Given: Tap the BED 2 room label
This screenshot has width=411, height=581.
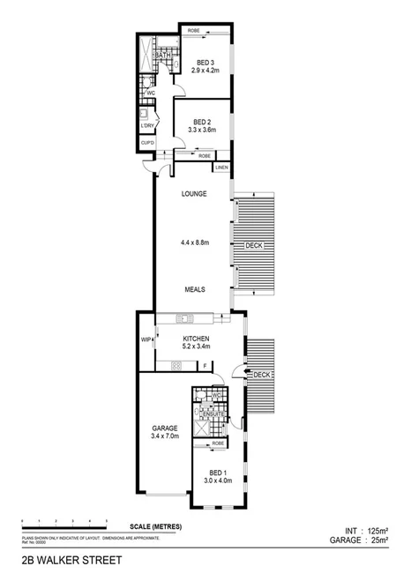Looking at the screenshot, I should [x=202, y=123].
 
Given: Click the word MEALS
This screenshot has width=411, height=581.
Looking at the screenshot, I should [x=196, y=288].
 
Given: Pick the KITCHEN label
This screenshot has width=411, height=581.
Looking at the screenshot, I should [x=196, y=338].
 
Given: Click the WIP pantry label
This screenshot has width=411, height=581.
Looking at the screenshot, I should [x=146, y=339].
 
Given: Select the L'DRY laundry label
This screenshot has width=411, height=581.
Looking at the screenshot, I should [x=147, y=126].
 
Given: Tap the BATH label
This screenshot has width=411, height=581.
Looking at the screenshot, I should [x=162, y=56].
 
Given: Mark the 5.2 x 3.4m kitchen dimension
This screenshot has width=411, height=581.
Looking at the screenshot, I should [x=196, y=346].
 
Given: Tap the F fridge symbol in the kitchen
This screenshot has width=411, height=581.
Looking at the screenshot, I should [x=205, y=365].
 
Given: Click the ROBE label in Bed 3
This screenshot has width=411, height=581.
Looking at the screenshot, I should [x=193, y=32].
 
